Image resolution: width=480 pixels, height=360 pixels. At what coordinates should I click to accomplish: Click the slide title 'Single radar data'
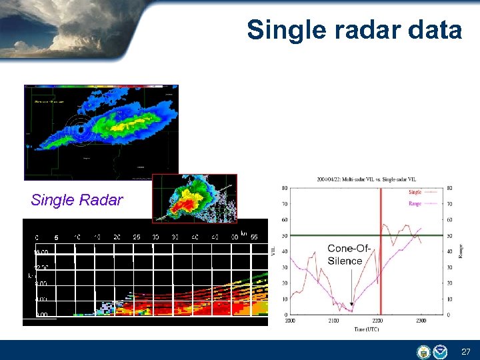coord(354,30)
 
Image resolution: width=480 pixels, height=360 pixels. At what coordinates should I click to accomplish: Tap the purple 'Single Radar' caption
coord(77,201)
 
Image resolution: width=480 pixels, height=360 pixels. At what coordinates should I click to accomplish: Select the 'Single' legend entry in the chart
coord(414,192)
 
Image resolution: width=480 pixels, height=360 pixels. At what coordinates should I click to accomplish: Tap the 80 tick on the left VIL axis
coord(284,188)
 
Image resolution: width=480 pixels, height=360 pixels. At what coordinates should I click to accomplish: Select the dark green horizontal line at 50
coord(333,235)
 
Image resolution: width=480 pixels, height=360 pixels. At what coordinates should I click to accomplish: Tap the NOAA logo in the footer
coord(440,351)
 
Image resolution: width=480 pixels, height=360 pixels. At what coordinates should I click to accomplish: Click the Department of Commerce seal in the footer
coord(423,351)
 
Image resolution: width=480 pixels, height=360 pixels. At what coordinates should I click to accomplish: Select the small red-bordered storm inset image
coord(194,198)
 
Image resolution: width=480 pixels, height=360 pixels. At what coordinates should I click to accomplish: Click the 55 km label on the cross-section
coord(254,237)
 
